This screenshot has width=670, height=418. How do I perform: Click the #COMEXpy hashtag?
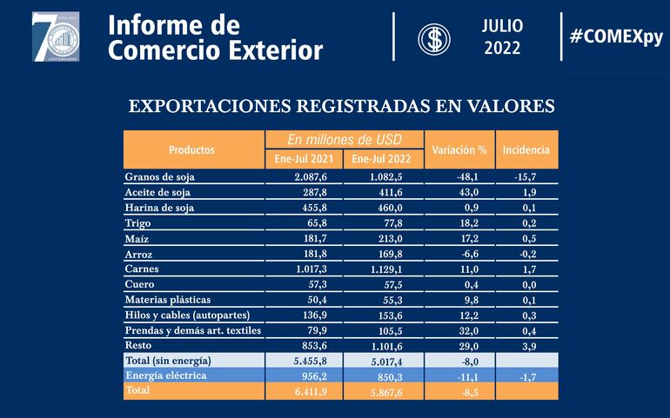pyautogui.click(x=615, y=36)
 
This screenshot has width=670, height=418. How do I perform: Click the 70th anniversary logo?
pyautogui.click(x=56, y=36)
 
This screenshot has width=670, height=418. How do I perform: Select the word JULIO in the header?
pyautogui.click(x=503, y=26)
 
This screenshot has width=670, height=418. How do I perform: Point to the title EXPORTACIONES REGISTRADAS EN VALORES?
pyautogui.click(x=342, y=106)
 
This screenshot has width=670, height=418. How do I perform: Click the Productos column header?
pyautogui.click(x=192, y=149)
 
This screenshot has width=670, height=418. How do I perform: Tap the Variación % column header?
pyautogui.click(x=459, y=149)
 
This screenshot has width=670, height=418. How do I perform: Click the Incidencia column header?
pyautogui.click(x=526, y=149)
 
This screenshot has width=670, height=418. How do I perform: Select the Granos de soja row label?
pyautogui.click(x=160, y=176)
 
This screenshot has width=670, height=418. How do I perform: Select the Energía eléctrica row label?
pyautogui.click(x=166, y=375)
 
